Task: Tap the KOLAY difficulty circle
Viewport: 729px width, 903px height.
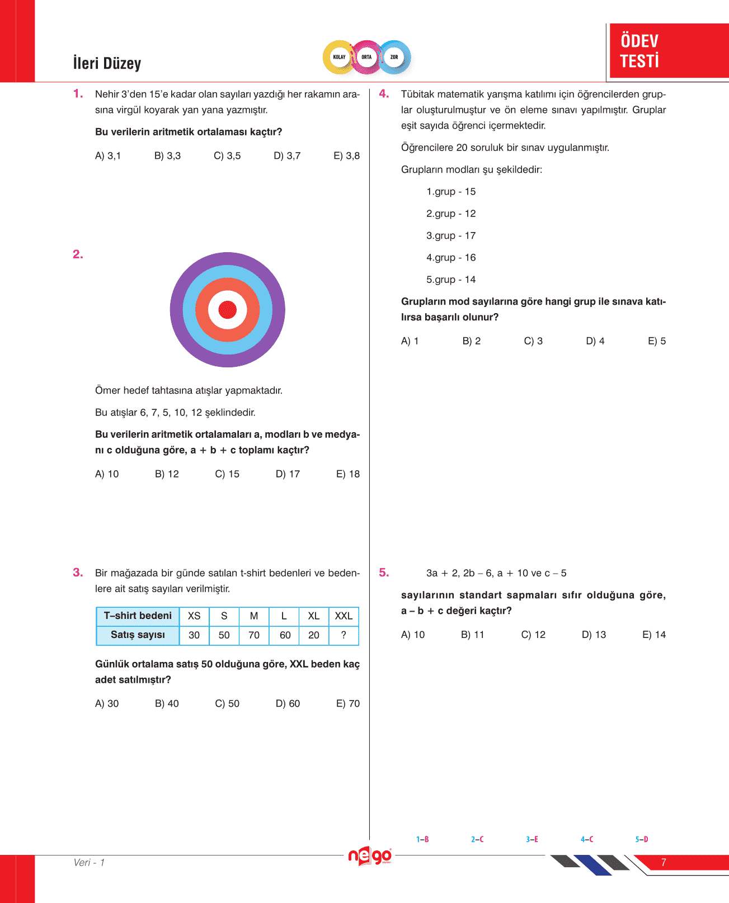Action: tap(339, 57)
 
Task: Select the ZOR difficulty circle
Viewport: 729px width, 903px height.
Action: tap(394, 57)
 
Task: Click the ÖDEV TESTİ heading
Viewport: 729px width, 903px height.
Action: tap(639, 51)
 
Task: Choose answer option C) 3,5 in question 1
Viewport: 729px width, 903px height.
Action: tap(227, 155)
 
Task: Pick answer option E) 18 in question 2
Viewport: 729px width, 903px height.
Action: tap(347, 474)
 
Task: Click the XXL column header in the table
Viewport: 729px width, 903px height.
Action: tap(344, 616)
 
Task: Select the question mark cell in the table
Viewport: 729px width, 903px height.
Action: tap(344, 635)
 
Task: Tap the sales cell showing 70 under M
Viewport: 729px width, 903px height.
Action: tap(254, 635)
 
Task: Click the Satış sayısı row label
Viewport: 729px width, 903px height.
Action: tap(138, 635)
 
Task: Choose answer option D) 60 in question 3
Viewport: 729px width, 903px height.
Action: tap(288, 703)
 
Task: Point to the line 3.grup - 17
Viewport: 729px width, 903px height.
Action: tap(451, 236)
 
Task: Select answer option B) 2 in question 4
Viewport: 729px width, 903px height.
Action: tap(471, 341)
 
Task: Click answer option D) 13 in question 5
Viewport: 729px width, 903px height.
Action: tap(594, 635)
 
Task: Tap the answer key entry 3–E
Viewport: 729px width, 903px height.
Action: tap(532, 839)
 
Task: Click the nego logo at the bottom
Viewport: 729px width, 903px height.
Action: tap(369, 856)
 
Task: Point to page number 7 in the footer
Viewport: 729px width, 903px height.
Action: tap(664, 863)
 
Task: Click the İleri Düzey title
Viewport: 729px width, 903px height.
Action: tap(107, 63)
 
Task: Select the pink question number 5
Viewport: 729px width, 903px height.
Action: tap(384, 573)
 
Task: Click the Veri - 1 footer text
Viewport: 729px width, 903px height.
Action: tap(89, 863)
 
